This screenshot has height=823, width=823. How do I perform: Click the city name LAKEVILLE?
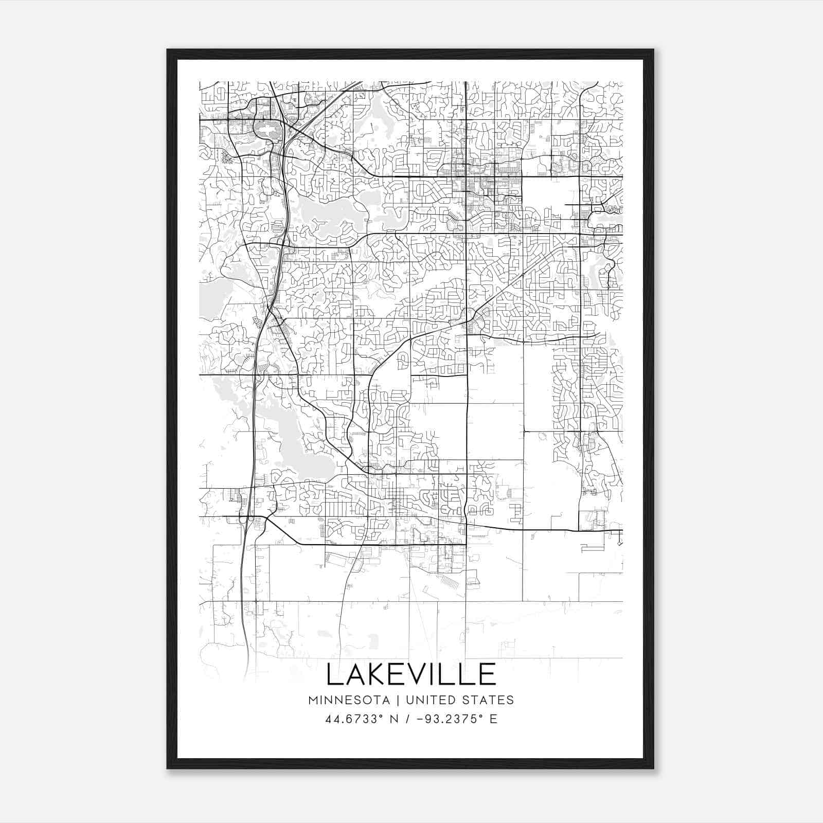click(x=411, y=674)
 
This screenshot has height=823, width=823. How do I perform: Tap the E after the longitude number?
click(x=493, y=719)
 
